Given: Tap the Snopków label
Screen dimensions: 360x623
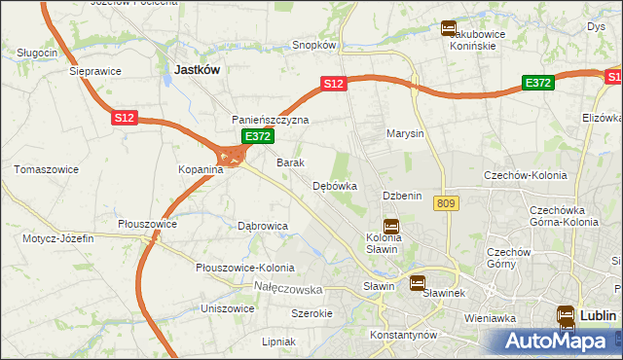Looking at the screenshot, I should pos(314,45).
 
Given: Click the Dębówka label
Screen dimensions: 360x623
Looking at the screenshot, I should pos(335,186).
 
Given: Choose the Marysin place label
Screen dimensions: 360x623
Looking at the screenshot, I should pos(405,133).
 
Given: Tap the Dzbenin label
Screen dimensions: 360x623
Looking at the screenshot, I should pos(402,196).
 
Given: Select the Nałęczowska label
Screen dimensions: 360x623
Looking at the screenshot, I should pos(287,289).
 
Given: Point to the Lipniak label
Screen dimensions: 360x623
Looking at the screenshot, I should pos(278,342).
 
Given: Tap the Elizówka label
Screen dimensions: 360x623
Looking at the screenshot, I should pos(602,117).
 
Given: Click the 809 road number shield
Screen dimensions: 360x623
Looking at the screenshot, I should pos(447,202).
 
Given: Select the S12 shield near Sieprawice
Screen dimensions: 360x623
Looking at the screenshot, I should pos(123,118).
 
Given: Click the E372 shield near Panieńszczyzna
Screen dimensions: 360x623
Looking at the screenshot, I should pos(257,137).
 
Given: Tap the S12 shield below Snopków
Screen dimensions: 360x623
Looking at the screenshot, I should pos(334,85).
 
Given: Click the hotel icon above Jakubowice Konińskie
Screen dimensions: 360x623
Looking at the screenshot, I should pos(449,28).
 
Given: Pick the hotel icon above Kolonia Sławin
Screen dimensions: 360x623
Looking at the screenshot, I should pos(390,225).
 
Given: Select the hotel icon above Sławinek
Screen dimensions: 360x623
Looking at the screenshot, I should pos(418,284).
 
